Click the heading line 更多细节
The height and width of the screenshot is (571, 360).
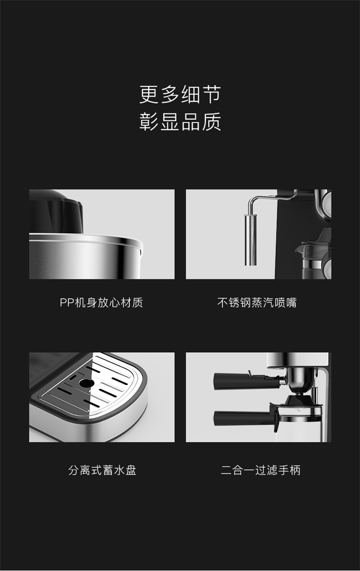coord(180,95)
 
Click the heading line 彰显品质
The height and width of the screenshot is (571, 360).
coord(180,121)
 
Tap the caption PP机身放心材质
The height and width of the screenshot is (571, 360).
coord(101,303)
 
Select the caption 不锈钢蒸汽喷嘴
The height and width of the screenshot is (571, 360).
coord(257,303)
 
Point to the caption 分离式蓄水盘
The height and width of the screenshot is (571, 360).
coord(102,470)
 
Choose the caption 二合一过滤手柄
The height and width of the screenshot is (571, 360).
coord(261,470)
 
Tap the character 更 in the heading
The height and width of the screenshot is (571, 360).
coord(149,95)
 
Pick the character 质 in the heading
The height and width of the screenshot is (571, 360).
coord(211,121)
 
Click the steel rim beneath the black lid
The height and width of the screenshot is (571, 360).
coord(85,239)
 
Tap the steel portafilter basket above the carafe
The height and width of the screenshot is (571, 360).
coord(300,379)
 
